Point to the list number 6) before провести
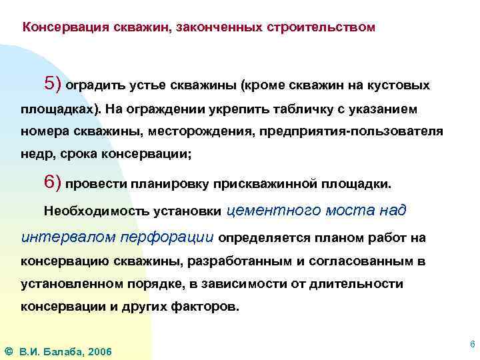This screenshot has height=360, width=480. click(52, 183)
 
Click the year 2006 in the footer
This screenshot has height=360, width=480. click(99, 351)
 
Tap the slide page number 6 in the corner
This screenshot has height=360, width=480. click(472, 344)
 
